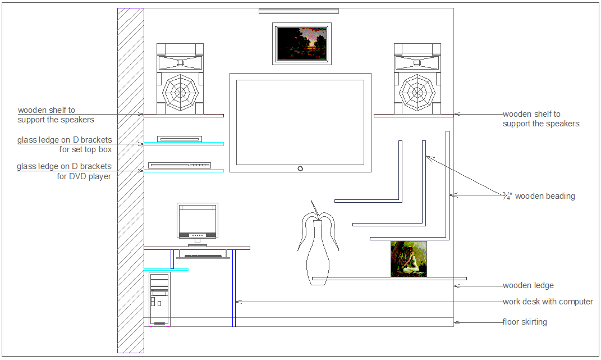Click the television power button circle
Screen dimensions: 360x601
301,168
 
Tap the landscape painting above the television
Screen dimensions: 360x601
301,44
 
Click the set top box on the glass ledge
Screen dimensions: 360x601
179,139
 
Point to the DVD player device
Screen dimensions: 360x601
179,165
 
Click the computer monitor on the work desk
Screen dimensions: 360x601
197,221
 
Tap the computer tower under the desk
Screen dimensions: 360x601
159,298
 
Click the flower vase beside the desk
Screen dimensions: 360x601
318,247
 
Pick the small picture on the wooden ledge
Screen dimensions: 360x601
409,259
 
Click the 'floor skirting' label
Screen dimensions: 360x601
525,322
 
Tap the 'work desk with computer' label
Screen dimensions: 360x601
548,302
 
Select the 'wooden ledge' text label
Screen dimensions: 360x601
528,286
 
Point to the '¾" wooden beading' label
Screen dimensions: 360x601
539,196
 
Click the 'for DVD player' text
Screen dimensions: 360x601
84,176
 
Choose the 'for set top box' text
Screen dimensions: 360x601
85,150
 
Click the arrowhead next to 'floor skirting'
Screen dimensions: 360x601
456,322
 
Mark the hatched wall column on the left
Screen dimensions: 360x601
130,180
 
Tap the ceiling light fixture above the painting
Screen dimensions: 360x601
299,11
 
